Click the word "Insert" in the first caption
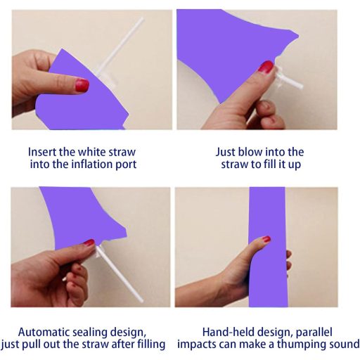click(42, 152)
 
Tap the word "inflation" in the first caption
click(92, 164)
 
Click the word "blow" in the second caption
click(250, 152)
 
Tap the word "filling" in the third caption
click(151, 345)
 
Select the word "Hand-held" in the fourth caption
click(224, 332)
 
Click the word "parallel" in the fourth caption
click(314, 333)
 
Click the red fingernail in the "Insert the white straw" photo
click(82, 85)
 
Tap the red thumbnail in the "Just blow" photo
click(266, 67)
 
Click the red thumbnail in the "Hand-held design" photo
click(266, 239)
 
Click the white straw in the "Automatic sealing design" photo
click(119, 274)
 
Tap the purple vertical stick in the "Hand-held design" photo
click(268, 247)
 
